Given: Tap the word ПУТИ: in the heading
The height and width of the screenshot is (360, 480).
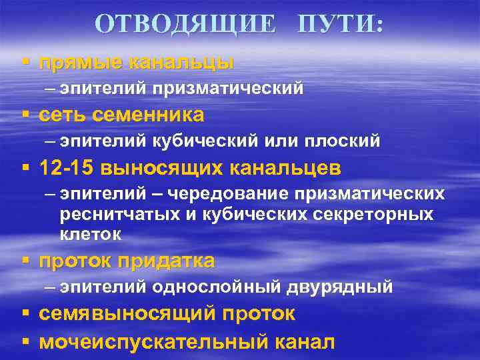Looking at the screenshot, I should (x=340, y=25).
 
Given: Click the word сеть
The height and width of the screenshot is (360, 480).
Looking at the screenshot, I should (x=63, y=115).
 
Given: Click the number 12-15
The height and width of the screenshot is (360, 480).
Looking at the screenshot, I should (x=67, y=168).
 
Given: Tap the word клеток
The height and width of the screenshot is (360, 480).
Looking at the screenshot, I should (x=91, y=234).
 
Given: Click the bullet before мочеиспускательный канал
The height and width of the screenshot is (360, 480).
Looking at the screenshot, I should (x=25, y=341).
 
